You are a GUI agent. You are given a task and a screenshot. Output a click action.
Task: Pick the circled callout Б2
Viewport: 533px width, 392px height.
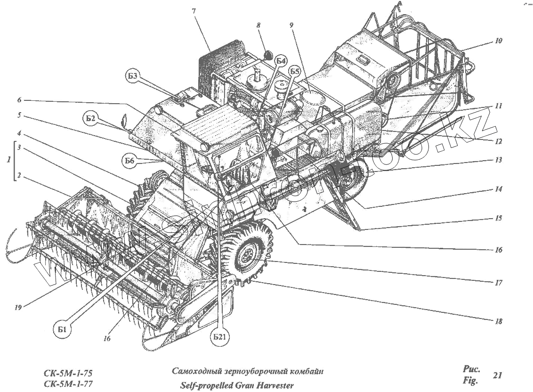coord(91,119)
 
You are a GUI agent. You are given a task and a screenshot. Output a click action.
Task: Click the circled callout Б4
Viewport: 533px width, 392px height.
coord(281,61)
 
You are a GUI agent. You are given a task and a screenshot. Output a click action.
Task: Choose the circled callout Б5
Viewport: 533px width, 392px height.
coord(295,71)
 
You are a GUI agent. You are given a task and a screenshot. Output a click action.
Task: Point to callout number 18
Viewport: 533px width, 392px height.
coord(499,321)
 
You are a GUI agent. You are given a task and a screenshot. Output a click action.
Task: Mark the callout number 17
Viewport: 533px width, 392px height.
coord(499,283)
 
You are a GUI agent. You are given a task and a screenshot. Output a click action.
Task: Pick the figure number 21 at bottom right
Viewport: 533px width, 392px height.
coord(497,376)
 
